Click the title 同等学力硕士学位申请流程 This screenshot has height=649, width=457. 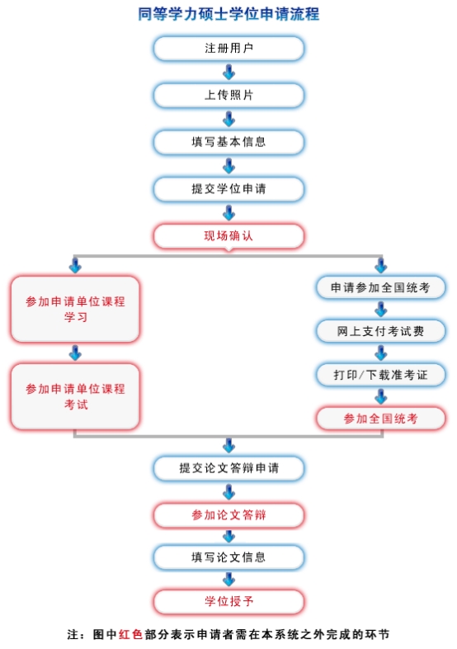228,14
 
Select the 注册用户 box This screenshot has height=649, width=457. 228,49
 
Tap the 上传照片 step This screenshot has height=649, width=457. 228,95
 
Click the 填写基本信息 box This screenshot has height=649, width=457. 228,142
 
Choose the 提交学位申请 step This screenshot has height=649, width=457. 228,189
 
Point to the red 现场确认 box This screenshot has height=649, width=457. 228,236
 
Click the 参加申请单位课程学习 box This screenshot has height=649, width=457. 75,309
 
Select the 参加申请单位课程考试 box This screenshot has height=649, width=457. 75,396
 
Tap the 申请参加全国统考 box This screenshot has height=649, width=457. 380,287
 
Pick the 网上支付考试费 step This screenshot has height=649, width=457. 380,331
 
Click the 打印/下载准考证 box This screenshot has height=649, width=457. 380,375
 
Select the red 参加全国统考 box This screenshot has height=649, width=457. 380,419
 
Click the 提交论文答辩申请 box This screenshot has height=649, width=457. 228,468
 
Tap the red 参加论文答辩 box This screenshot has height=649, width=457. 228,515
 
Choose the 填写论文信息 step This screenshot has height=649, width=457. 228,557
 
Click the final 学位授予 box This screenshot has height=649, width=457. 228,601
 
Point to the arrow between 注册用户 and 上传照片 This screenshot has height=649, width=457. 228,73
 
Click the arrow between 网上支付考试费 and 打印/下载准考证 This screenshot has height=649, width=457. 380,353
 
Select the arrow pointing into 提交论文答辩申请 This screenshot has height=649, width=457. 228,446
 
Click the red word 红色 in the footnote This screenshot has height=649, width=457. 130,634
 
